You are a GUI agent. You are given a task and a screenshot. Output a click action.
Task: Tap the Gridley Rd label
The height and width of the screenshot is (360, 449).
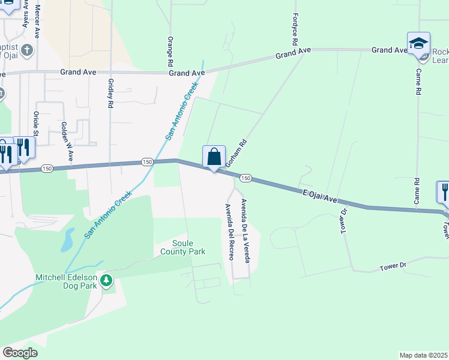click(110, 93)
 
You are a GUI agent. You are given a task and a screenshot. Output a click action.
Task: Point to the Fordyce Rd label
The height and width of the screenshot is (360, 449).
click(295, 31)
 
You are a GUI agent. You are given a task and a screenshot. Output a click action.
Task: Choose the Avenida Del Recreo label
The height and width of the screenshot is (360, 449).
click(229, 232)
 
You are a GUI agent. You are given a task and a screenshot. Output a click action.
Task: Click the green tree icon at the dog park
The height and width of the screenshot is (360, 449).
click(106, 280)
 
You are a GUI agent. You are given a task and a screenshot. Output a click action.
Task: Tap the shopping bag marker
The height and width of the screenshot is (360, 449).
click(214, 157)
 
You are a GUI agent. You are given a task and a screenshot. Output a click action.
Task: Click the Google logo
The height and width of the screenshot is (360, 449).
click(20, 353)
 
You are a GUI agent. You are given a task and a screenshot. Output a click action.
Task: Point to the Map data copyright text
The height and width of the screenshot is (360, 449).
click(424, 355)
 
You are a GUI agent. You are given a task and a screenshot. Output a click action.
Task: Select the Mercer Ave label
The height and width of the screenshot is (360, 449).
click(37, 20)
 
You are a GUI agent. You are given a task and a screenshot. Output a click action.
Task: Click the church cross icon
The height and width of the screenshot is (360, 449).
click(26, 50)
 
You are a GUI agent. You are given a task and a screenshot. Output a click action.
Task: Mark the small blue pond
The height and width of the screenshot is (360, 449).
click(66, 240)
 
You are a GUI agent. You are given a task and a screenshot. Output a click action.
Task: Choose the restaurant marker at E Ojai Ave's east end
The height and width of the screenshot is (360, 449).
click(444, 192)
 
